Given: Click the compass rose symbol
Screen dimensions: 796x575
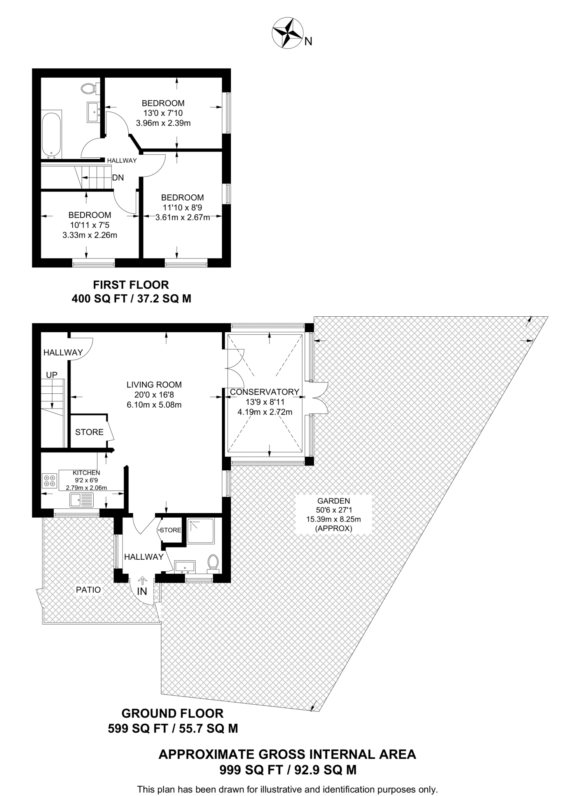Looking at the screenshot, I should click(287, 33).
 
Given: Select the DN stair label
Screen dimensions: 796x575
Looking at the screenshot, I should click(118, 178).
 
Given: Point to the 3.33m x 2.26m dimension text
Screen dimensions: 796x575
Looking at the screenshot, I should click(89, 235).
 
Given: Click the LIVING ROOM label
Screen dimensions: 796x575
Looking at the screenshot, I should click(154, 385).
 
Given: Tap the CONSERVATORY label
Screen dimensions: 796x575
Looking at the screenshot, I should click(264, 392).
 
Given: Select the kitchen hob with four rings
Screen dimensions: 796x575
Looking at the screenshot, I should click(49, 480).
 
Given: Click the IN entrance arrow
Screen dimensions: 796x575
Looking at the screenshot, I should click(142, 581).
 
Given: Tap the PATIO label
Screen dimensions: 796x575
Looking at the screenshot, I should click(88, 590).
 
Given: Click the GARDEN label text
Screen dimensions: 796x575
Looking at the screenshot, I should click(333, 501).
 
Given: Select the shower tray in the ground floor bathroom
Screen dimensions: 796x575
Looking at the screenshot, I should click(200, 531).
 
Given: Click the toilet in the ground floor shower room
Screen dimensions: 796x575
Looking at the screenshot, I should click(213, 563).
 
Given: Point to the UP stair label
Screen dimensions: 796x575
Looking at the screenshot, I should click(52, 375).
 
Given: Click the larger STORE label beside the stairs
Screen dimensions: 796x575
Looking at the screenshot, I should click(89, 432).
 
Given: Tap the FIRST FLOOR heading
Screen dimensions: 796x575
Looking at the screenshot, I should click(131, 285).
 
